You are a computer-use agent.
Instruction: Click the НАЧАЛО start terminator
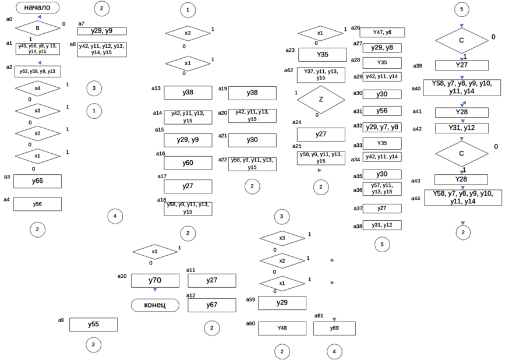(37, 8)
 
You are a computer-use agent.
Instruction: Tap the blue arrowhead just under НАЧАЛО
(38, 17)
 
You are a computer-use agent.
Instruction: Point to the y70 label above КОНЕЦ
(154, 281)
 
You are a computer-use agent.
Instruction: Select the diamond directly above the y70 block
(154, 252)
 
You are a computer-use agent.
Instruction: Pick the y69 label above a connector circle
(334, 329)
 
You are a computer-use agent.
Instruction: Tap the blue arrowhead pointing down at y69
(334, 319)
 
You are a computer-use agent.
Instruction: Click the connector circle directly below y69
(334, 351)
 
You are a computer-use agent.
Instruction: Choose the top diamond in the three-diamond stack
(282, 238)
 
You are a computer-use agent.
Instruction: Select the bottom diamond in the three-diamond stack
(282, 283)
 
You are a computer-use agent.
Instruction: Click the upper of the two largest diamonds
(462, 40)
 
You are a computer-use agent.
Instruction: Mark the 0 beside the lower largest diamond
(496, 147)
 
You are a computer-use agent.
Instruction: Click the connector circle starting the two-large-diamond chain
(462, 10)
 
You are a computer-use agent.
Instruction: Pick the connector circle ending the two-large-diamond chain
(462, 232)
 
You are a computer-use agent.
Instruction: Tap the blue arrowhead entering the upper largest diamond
(462, 25)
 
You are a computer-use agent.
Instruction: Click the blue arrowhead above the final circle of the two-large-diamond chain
(462, 222)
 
